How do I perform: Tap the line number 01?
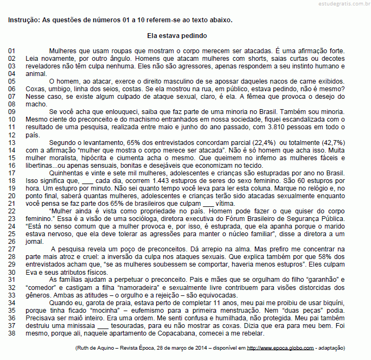point(11,50)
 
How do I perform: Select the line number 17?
point(11,172)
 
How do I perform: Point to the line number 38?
point(11,333)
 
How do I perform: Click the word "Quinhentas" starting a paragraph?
point(65,172)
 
